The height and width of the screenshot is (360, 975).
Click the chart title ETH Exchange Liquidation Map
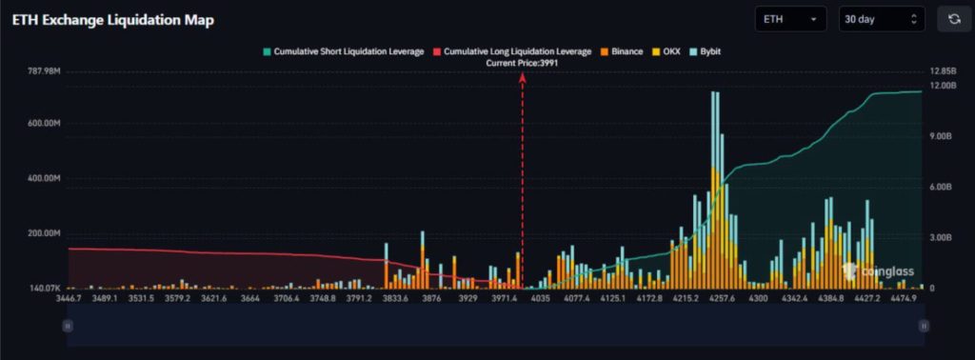112,20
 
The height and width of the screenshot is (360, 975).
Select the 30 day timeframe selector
882,19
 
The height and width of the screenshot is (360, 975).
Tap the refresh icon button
953,19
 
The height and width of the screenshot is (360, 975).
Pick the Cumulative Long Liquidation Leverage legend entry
512,50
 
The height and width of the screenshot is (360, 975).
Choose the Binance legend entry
621,50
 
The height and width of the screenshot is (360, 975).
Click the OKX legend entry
667,50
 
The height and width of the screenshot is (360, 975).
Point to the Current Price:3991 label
522,63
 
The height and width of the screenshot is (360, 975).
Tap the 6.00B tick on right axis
941,188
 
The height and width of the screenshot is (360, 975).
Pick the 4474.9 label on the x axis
903,299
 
